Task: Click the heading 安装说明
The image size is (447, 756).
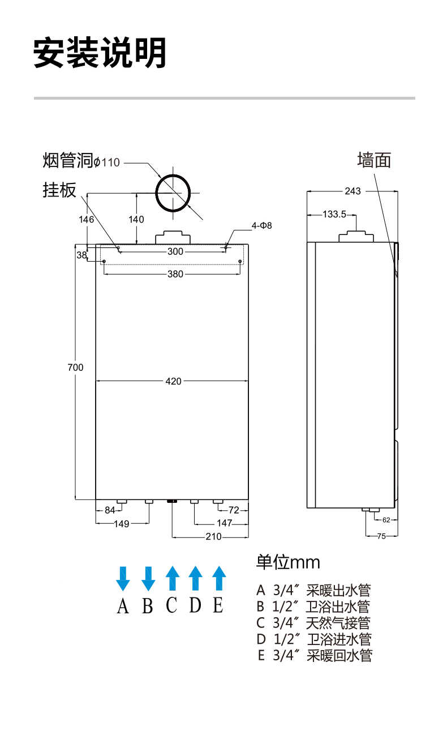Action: coord(100,53)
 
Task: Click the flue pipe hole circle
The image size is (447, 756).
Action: coord(174,193)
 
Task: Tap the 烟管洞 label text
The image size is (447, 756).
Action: coord(67,161)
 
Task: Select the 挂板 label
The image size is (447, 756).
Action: coord(59,190)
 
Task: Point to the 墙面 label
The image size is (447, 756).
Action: coord(374,160)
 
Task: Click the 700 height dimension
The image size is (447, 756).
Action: coord(75,368)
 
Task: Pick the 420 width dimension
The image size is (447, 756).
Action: coord(173,381)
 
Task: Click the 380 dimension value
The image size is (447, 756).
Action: coord(175,274)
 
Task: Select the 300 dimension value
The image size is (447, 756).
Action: coord(175,252)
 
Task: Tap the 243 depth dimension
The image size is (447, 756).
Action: coord(353,191)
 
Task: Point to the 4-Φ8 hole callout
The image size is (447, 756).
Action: coord(262,225)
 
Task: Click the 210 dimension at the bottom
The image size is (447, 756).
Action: coord(213,537)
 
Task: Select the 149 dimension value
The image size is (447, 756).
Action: coord(121,524)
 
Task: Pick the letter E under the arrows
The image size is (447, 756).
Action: coord(218,605)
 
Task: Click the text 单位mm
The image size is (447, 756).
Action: coord(288,562)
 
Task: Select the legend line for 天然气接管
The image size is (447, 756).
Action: coord(313,623)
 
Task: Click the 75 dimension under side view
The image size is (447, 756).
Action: coord(381,535)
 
